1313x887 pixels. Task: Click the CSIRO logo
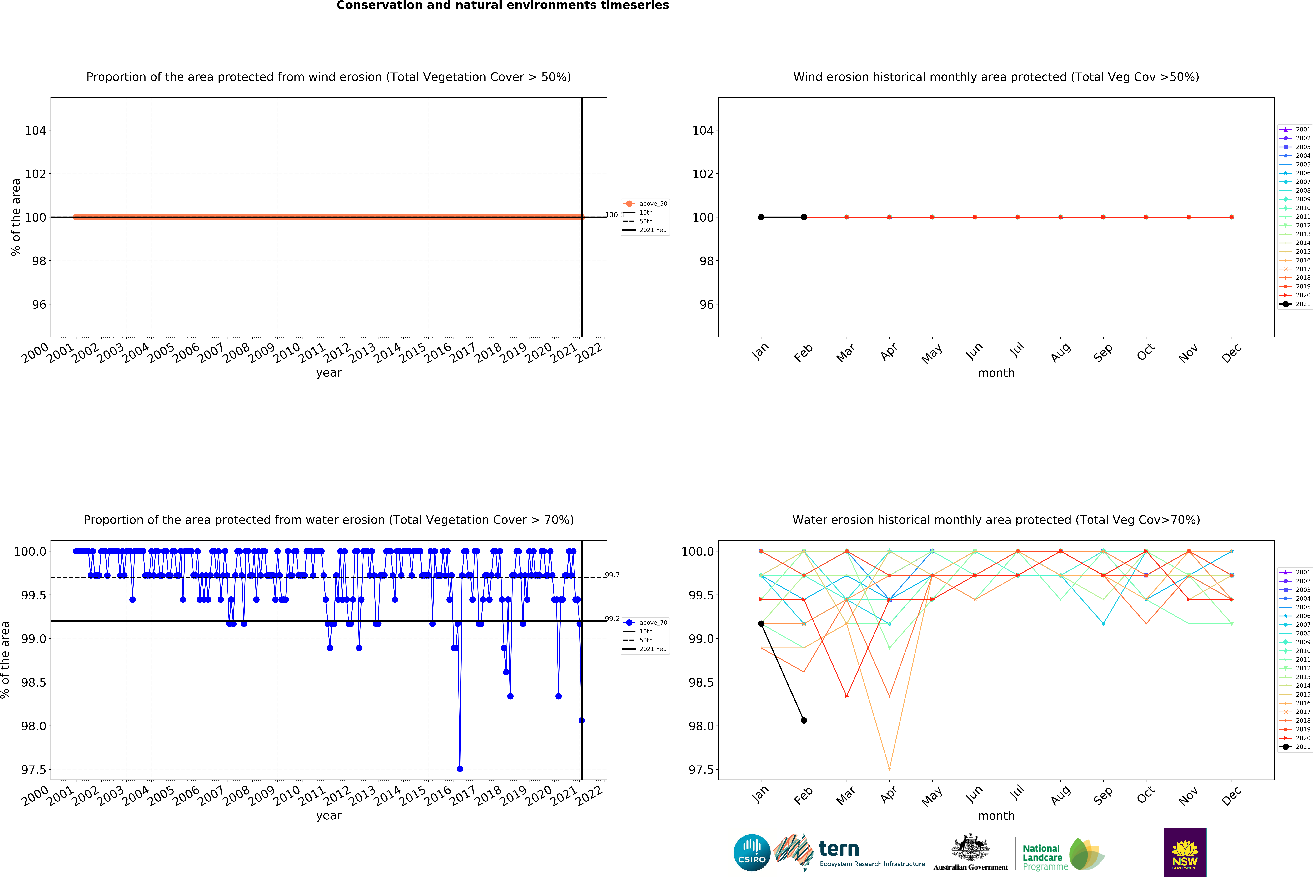751,853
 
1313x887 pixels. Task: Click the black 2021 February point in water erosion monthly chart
804,720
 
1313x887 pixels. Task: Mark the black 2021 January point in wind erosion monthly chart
761,217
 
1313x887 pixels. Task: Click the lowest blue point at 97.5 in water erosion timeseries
460,768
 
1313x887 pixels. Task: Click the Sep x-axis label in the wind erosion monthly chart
1102,353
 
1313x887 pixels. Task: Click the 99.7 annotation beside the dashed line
612,575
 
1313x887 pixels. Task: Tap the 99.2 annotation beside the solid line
612,618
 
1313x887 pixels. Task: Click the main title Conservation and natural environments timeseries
503,6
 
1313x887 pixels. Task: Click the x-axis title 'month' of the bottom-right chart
996,815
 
